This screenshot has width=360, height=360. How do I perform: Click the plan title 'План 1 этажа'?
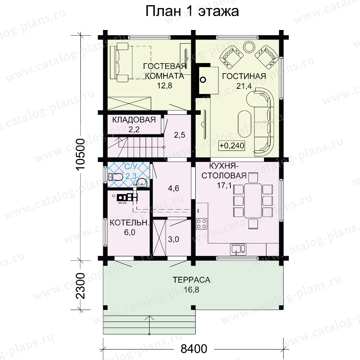(x=192, y=11)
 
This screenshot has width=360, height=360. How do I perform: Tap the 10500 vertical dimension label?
(x=81, y=154)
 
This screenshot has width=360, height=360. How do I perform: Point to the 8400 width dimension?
(x=194, y=349)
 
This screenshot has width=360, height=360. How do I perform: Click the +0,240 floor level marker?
(x=232, y=146)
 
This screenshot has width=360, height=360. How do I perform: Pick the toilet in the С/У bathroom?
(x=116, y=177)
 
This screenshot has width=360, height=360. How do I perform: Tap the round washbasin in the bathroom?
(x=142, y=183)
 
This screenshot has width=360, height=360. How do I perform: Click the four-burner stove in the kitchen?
(x=202, y=224)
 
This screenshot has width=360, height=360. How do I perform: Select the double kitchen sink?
(x=238, y=250)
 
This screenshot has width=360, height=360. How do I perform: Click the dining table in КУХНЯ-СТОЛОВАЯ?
(x=253, y=201)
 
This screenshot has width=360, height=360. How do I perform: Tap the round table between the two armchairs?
(x=249, y=47)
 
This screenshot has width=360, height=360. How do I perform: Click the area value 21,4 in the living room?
(x=244, y=86)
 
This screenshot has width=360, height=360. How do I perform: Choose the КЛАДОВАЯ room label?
(x=134, y=120)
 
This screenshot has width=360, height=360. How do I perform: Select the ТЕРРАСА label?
(x=191, y=280)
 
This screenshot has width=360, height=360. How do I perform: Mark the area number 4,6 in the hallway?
(x=174, y=188)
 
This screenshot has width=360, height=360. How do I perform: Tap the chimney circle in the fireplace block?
(x=203, y=80)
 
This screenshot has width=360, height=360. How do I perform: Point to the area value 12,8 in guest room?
(x=164, y=86)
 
